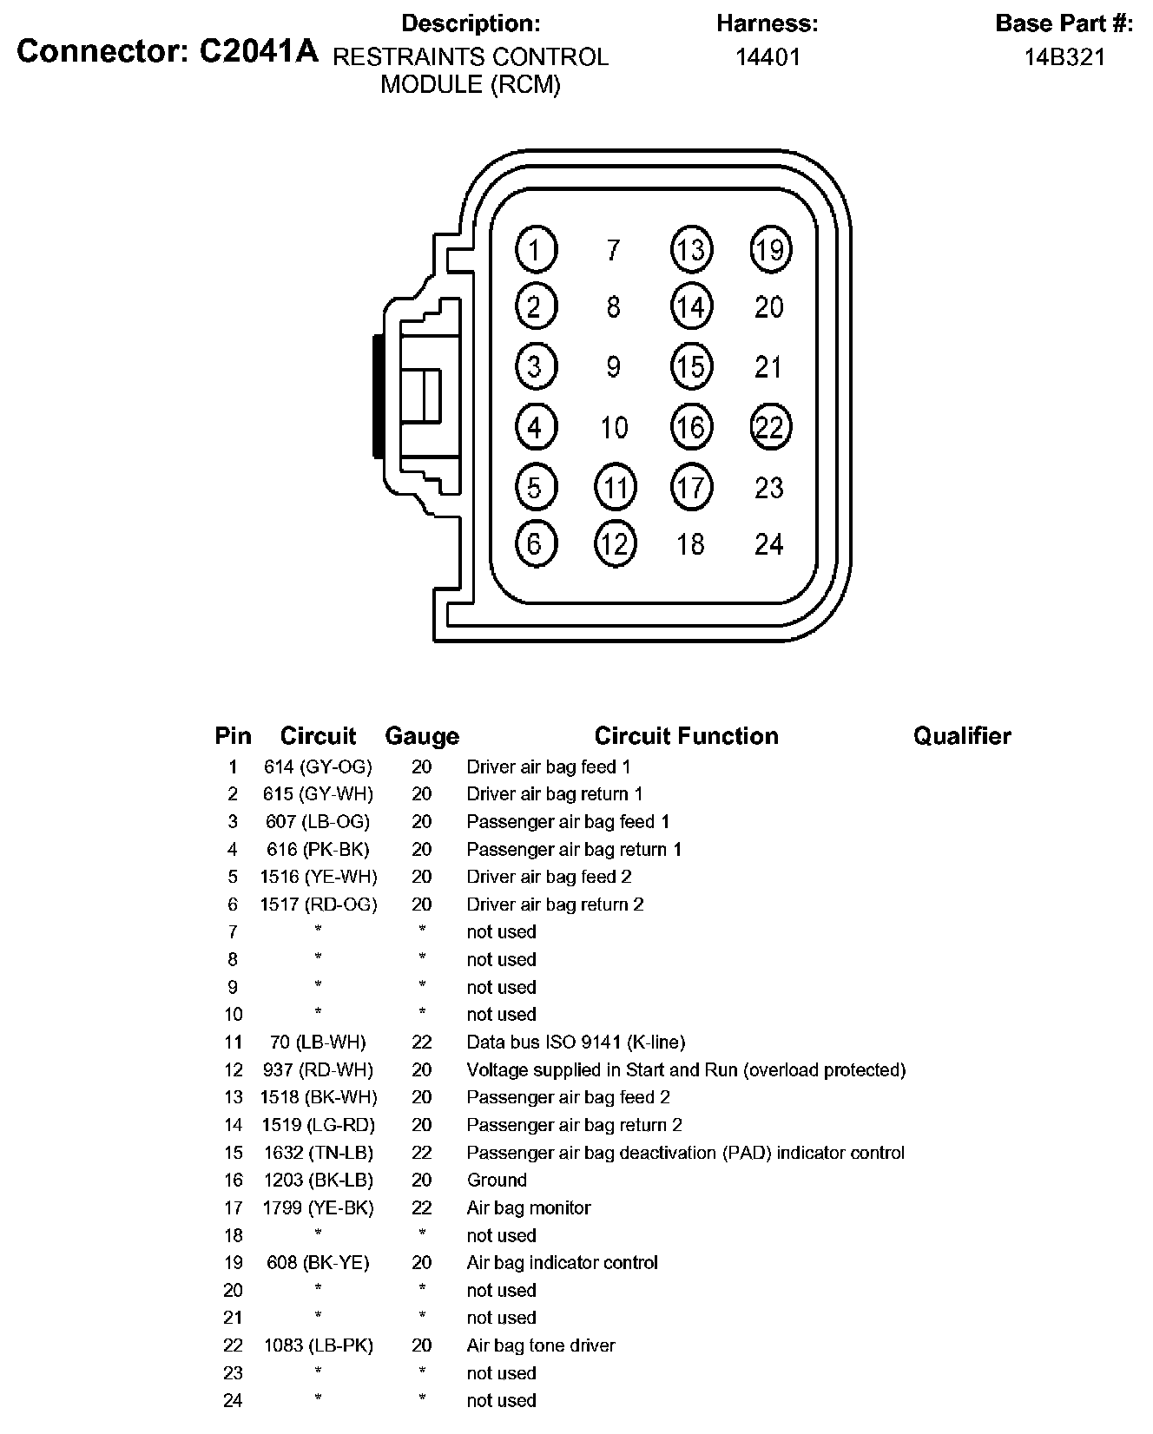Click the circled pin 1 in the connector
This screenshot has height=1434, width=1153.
tap(536, 250)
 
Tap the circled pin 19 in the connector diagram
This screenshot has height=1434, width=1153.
tap(770, 250)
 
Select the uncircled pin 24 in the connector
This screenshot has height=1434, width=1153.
tap(769, 544)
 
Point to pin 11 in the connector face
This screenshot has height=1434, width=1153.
tap(615, 487)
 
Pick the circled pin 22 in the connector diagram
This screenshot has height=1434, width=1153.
tap(770, 427)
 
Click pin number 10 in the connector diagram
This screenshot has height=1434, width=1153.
tap(614, 427)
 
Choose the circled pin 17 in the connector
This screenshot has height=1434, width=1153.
tap(691, 487)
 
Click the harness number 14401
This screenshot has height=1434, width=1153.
tap(768, 57)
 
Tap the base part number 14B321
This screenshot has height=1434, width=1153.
tap(1064, 57)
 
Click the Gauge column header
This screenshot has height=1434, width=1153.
tap(422, 737)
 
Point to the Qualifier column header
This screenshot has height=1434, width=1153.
tap(962, 737)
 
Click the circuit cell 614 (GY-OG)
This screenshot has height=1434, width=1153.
tap(318, 766)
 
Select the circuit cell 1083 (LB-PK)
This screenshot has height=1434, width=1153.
tap(318, 1345)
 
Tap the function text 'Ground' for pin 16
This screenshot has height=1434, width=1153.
tap(497, 1180)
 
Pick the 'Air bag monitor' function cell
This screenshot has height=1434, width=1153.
tap(529, 1207)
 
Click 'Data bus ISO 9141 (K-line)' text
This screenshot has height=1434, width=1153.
tap(576, 1042)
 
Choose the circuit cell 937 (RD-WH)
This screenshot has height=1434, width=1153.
tap(318, 1069)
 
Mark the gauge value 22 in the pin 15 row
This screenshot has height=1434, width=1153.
tap(422, 1153)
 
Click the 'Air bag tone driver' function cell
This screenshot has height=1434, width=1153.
tap(541, 1345)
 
